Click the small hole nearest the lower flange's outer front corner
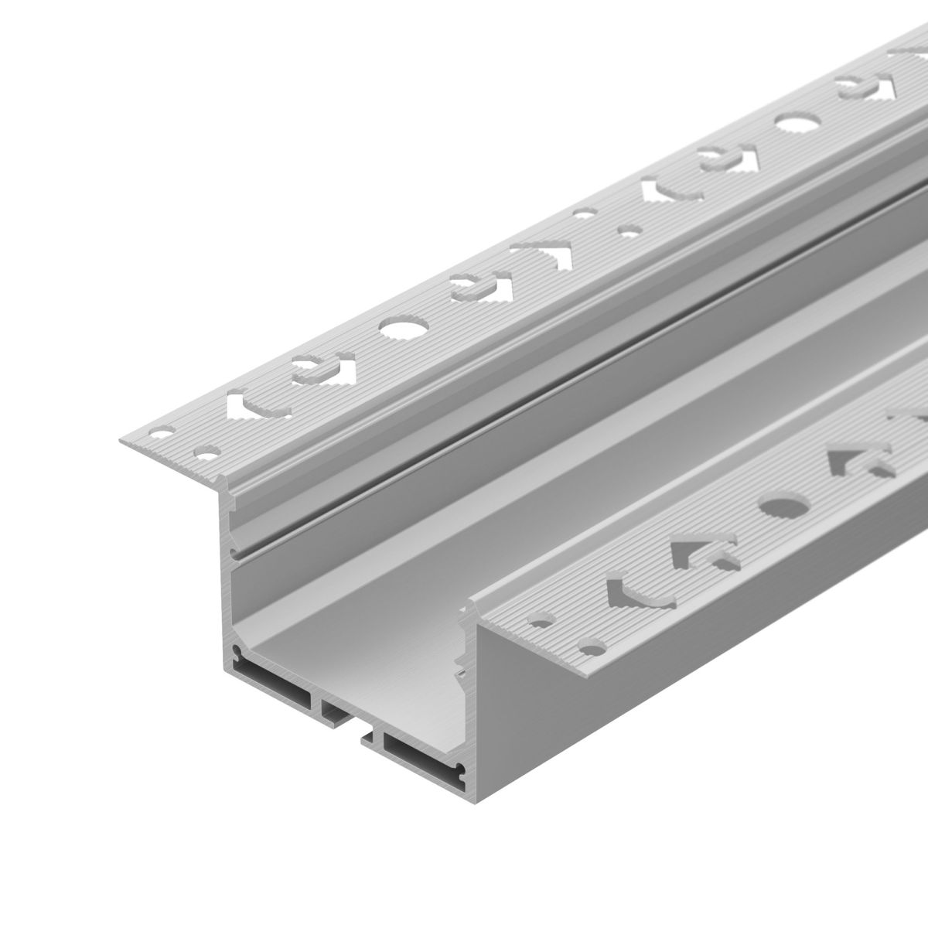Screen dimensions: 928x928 [x=594, y=644]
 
